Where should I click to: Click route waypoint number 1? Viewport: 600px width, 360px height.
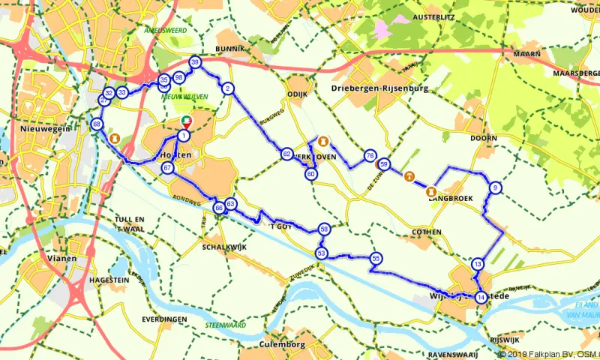[x=183, y=136]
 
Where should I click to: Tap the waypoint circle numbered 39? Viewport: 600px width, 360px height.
[x=195, y=63]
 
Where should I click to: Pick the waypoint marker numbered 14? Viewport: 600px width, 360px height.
[x=480, y=297]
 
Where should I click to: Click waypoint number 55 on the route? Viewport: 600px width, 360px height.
[x=376, y=259]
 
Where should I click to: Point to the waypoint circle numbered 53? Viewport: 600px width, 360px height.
[x=321, y=253]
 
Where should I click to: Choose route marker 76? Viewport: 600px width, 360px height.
[x=370, y=155]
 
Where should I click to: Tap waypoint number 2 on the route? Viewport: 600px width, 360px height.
[x=227, y=88]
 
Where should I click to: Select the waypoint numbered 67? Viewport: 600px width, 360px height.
[x=167, y=168]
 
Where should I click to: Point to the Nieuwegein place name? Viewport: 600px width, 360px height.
[x=44, y=129]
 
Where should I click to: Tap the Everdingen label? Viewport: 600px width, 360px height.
[x=163, y=319]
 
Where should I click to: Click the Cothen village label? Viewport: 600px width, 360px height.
[x=427, y=232]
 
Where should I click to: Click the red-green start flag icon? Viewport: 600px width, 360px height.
[x=187, y=121]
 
